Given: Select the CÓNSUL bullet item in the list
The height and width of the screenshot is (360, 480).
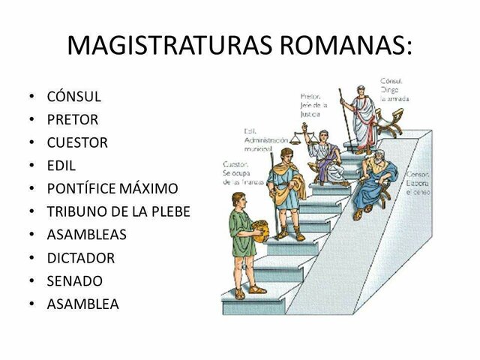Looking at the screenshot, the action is [x=73, y=97].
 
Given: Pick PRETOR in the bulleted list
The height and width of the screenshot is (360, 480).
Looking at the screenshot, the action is [x=72, y=119].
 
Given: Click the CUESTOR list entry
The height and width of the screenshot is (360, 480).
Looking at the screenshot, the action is [x=77, y=142].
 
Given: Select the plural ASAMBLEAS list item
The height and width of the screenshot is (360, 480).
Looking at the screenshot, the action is [x=86, y=234].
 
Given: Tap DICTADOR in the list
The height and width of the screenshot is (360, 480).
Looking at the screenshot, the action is [x=81, y=257].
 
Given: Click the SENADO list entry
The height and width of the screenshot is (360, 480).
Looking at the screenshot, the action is [x=74, y=280].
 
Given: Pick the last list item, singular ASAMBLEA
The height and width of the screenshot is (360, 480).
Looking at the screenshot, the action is [x=82, y=304].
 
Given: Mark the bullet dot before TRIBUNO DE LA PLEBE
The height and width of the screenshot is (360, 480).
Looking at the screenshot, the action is [x=31, y=211].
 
